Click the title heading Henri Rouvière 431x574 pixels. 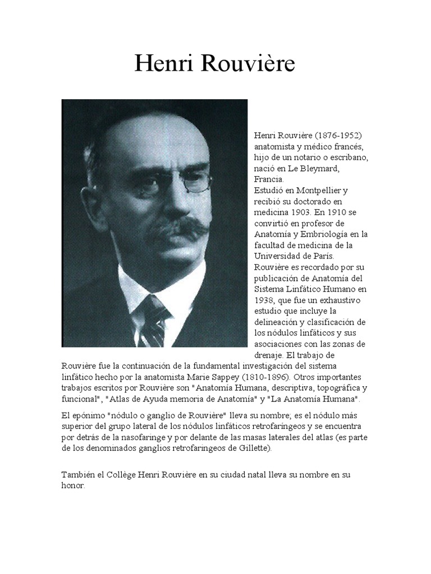(x=215, y=64)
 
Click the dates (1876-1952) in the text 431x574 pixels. (x=338, y=136)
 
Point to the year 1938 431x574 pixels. (x=264, y=300)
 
